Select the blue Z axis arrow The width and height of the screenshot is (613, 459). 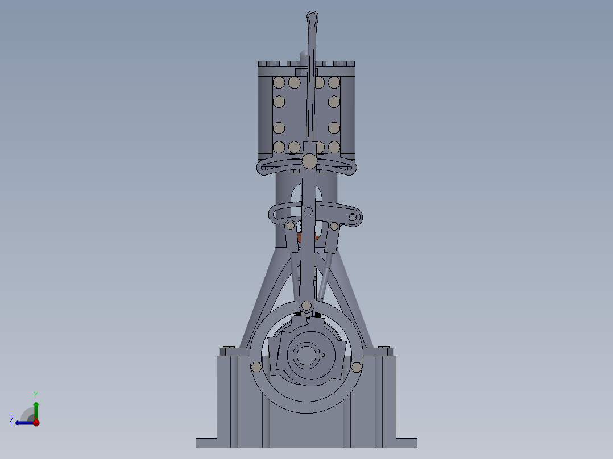click(23, 422)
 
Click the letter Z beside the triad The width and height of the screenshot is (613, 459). click(11, 419)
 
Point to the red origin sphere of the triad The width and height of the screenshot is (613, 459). click(36, 422)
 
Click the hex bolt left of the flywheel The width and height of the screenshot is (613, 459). click(256, 367)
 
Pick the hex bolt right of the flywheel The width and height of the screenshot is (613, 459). click(357, 367)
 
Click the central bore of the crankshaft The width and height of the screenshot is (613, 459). click(306, 356)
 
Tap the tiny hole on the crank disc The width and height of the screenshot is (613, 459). click(323, 356)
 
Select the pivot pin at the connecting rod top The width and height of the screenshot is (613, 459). click(309, 161)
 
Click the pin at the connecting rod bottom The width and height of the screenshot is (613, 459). click(306, 306)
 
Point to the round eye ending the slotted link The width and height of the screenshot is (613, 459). click(353, 217)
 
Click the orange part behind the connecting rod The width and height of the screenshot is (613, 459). click(300, 234)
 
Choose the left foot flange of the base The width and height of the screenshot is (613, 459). click(206, 443)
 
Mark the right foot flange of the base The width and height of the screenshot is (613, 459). click(406, 443)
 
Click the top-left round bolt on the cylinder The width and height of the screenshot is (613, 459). click(279, 83)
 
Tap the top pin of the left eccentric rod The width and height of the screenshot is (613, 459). click(291, 226)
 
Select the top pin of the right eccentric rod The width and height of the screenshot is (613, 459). click(334, 226)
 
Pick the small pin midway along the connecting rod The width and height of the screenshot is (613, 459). click(308, 212)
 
